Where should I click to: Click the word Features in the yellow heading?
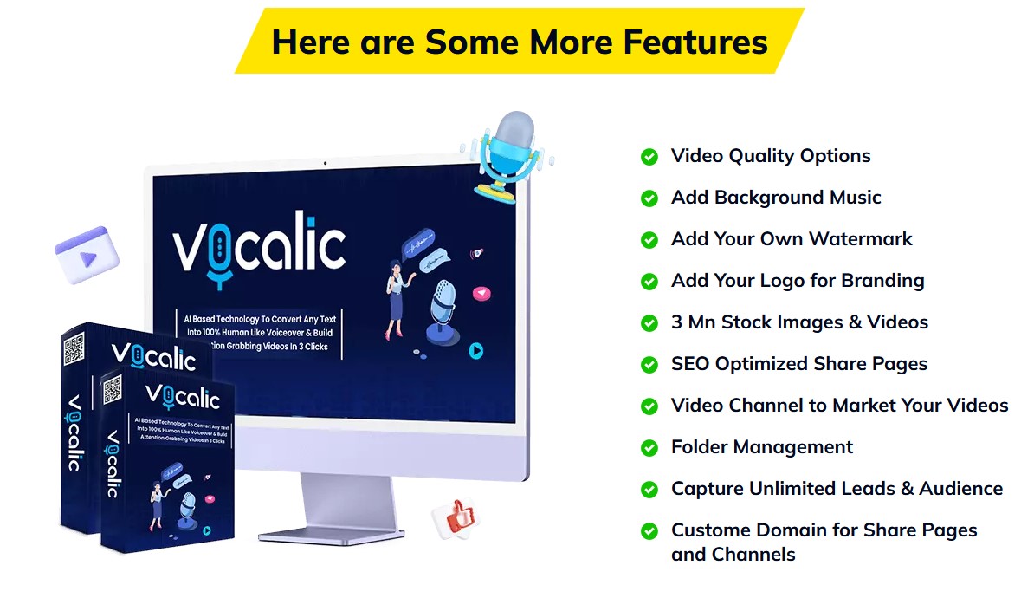coord(695,42)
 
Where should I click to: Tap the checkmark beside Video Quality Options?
coord(649,156)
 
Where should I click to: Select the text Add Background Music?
coord(776,198)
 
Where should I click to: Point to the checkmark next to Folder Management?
coord(649,448)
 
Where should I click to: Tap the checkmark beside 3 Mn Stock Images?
coord(649,323)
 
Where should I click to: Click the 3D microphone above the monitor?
coord(507,156)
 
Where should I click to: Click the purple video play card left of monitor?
coord(87,254)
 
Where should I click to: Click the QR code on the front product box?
coord(112,389)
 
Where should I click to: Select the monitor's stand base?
coord(331,536)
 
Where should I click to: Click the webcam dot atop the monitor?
coord(325,163)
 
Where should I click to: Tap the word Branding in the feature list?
coord(882,281)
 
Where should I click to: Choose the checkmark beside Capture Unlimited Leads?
coord(649,490)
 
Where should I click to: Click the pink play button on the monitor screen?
coord(482,293)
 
